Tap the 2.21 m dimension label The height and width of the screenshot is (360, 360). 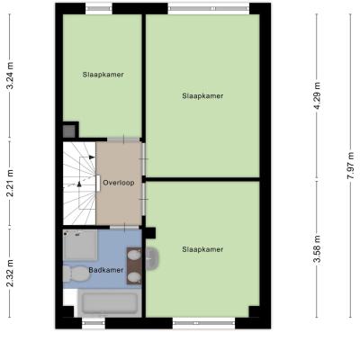tap(10, 183)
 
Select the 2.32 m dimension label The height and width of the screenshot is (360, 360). tap(10, 273)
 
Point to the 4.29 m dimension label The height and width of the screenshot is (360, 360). tap(317, 95)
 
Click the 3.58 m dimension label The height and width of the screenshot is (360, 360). tap(317, 249)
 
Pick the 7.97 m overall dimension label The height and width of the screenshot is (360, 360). tap(350, 166)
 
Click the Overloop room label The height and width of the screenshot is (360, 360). tap(119, 183)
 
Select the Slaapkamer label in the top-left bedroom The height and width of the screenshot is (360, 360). tap(103, 75)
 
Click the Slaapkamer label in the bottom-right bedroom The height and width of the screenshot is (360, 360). tap(202, 249)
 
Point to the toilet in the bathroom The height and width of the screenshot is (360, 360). tap(76, 274)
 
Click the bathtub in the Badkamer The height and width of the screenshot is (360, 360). tap(110, 303)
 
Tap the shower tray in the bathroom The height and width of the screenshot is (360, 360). tap(80, 245)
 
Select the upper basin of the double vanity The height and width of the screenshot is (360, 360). tap(134, 256)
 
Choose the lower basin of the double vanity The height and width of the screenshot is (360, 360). tap(134, 277)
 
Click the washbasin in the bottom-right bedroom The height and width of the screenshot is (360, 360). tap(152, 259)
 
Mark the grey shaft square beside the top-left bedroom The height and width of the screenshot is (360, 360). tap(69, 131)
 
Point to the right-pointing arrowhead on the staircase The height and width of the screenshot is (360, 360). tap(92, 157)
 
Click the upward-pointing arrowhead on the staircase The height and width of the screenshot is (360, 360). tap(79, 184)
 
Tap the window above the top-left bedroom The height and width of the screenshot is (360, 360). tap(99, 9)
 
